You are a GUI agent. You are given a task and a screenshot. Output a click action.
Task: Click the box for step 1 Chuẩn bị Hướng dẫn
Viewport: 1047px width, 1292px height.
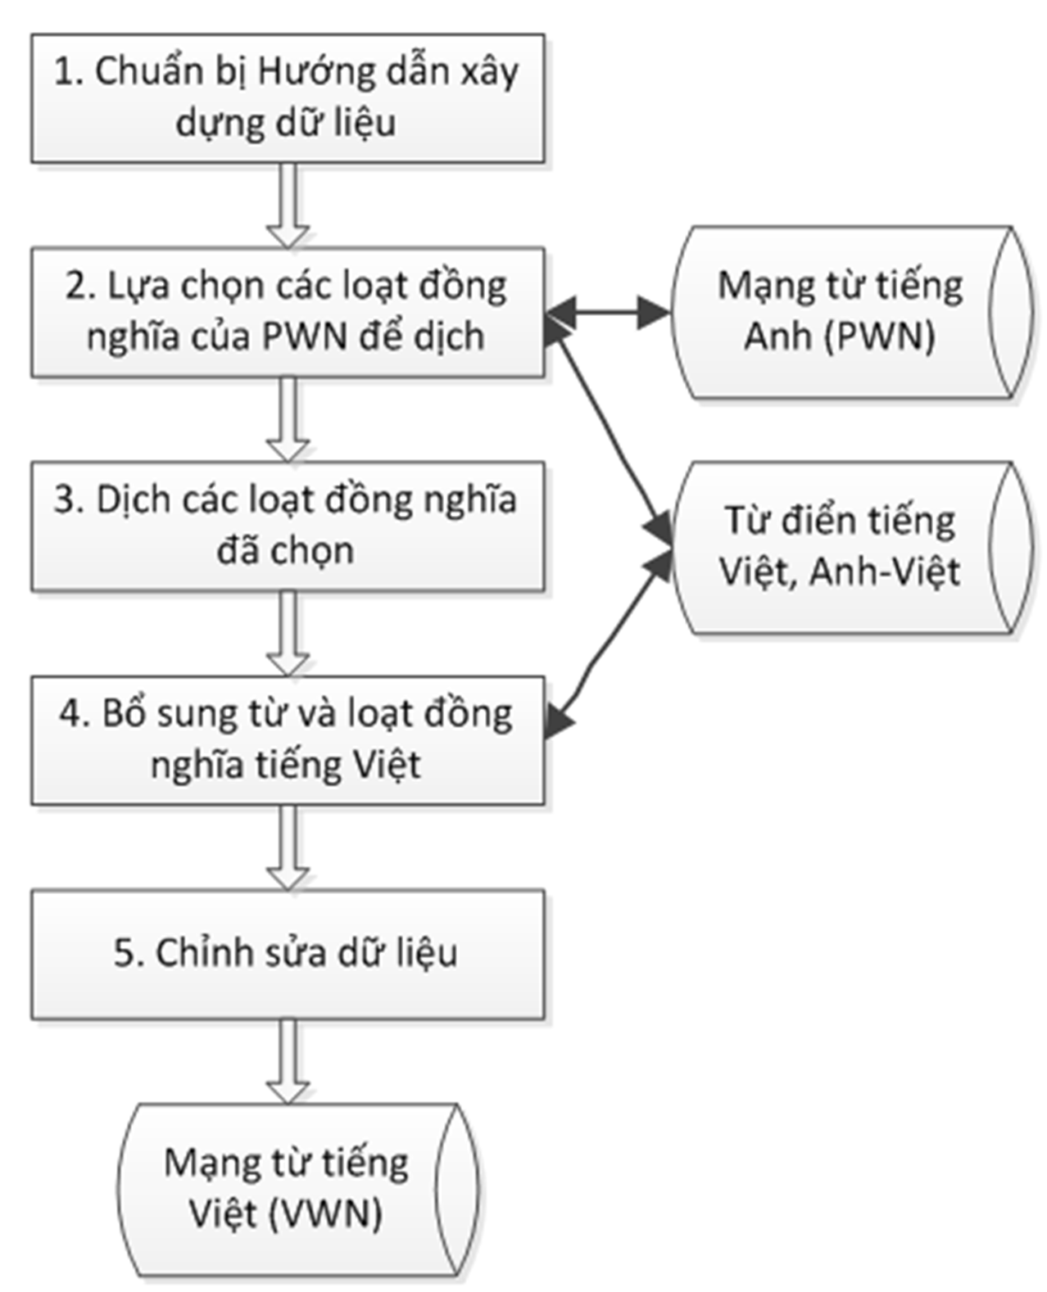point(288,97)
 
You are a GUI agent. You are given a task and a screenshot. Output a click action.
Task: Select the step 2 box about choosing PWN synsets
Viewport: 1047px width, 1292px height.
point(288,312)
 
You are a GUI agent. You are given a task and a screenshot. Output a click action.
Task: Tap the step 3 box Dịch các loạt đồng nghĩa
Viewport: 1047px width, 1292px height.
point(288,526)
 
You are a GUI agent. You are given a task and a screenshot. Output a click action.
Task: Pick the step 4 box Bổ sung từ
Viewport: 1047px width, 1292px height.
point(288,740)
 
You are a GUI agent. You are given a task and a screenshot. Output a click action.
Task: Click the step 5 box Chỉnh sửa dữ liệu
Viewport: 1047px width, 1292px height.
point(288,954)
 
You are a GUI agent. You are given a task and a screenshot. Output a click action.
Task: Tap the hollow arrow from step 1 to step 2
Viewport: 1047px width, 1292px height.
point(288,205)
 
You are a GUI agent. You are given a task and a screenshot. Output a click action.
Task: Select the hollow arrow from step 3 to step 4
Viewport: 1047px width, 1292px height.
point(288,633)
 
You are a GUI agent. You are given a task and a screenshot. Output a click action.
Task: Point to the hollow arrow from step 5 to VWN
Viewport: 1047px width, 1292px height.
point(288,1061)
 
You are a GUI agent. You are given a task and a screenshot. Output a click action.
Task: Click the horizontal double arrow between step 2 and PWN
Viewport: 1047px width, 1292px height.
point(607,311)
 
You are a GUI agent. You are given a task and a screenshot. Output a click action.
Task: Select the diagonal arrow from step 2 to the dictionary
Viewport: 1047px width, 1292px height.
point(610,426)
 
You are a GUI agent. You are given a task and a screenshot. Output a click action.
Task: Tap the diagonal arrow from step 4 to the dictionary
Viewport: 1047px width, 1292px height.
point(610,639)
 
